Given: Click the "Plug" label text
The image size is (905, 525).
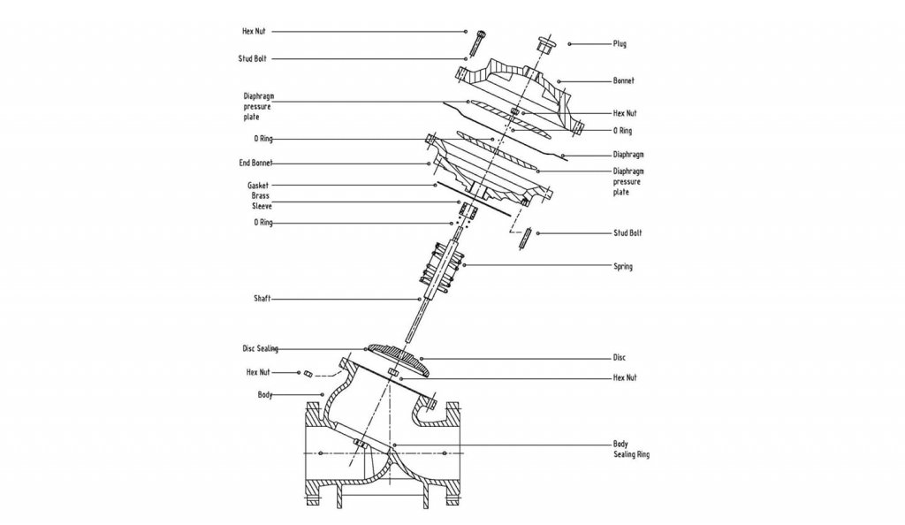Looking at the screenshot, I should (620, 43).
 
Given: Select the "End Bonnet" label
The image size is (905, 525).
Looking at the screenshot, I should (255, 164).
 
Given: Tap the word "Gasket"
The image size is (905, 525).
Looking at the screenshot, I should (257, 186).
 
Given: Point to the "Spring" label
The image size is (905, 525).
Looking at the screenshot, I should (623, 266).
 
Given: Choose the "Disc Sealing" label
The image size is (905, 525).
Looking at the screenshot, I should (261, 349).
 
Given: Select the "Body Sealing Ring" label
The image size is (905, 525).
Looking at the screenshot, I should (631, 449).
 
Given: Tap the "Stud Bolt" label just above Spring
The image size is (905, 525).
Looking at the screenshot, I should (627, 233).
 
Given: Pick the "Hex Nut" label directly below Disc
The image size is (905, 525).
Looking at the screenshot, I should (625, 377).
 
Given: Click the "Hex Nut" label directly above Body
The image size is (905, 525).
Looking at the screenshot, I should (258, 372).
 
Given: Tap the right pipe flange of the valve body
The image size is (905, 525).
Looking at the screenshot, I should (453, 454).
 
